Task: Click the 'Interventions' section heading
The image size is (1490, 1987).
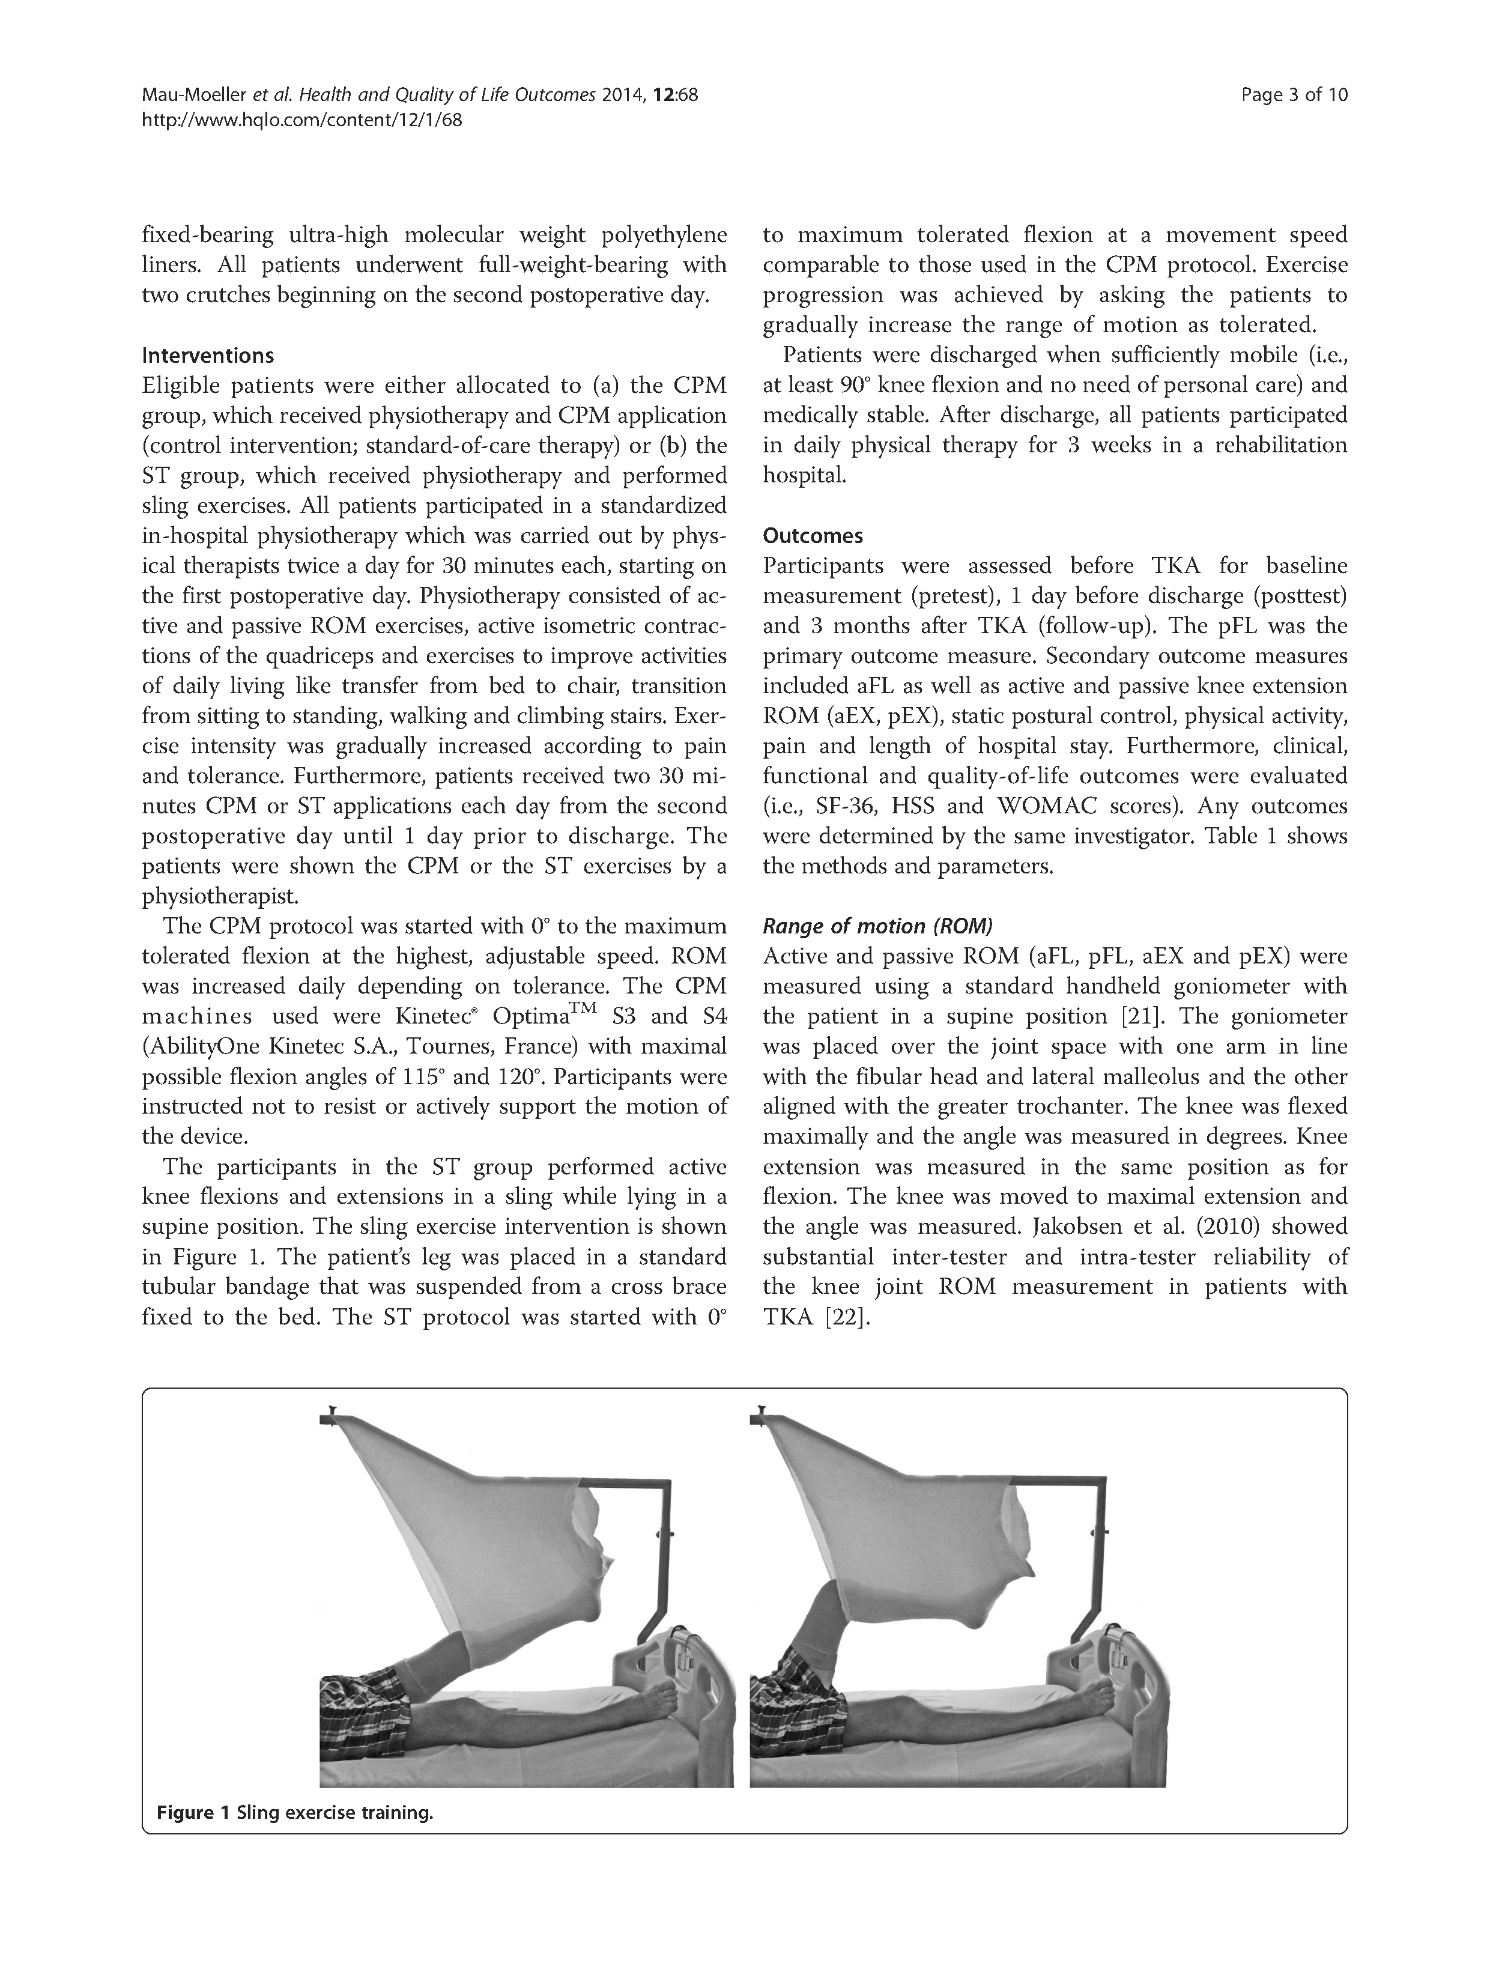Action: click(x=207, y=356)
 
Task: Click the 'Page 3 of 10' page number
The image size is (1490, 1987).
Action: click(x=1294, y=96)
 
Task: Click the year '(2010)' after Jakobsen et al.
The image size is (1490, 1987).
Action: click(x=1146, y=1227)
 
